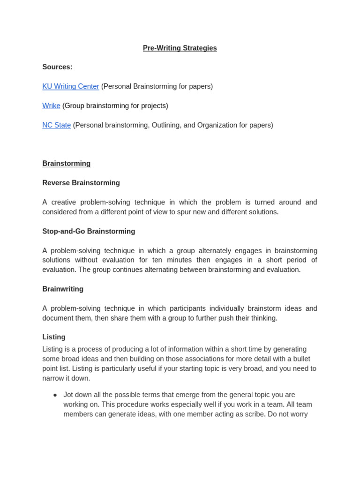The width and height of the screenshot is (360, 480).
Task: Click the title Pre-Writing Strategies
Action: (180, 48)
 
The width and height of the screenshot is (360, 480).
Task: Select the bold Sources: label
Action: (57, 67)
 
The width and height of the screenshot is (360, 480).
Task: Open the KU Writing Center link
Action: (70, 86)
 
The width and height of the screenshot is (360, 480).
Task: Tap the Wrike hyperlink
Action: (51, 106)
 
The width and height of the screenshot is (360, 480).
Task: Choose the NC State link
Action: (56, 125)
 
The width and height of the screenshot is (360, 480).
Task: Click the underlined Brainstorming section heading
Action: (66, 164)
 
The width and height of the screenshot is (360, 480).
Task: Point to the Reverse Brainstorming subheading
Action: (81, 183)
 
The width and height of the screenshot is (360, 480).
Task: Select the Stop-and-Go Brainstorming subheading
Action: (89, 231)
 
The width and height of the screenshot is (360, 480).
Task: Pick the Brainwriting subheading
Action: (63, 289)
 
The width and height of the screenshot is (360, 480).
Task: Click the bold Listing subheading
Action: (54, 337)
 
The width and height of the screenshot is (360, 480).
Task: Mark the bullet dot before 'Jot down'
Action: (55, 395)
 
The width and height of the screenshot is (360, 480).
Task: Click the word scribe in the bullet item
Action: (254, 414)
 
